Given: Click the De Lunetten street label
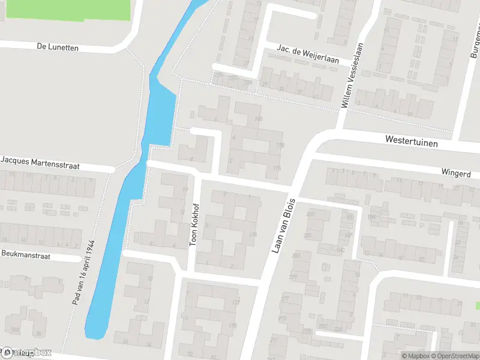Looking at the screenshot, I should [x=58, y=47].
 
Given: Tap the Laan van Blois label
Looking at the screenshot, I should [x=284, y=224].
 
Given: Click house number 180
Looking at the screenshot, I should [x=259, y=119].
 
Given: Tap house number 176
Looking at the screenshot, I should [x=276, y=168].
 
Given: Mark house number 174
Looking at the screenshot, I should [x=253, y=235].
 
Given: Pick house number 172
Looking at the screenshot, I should [x=236, y=302].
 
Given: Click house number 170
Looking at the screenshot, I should [x=232, y=326].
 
